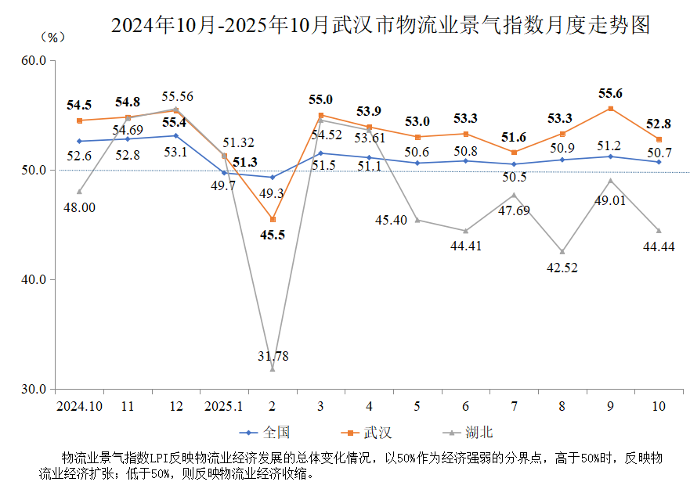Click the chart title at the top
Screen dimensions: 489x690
(381, 25)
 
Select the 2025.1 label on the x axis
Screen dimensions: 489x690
(224, 406)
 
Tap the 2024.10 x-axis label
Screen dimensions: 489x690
(79, 406)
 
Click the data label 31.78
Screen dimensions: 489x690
(273, 356)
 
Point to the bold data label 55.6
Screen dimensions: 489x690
(611, 92)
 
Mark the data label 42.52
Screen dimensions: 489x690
(562, 268)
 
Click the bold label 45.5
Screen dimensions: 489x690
(273, 234)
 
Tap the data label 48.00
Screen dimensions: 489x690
(79, 207)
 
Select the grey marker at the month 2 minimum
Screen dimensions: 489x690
(273, 369)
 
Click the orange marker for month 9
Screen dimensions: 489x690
(611, 109)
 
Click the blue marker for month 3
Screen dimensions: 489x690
(321, 153)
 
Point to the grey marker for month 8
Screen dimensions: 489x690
(562, 251)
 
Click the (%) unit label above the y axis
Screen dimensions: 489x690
(52, 37)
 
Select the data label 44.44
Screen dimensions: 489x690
(659, 246)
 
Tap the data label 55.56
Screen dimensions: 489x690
(177, 97)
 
